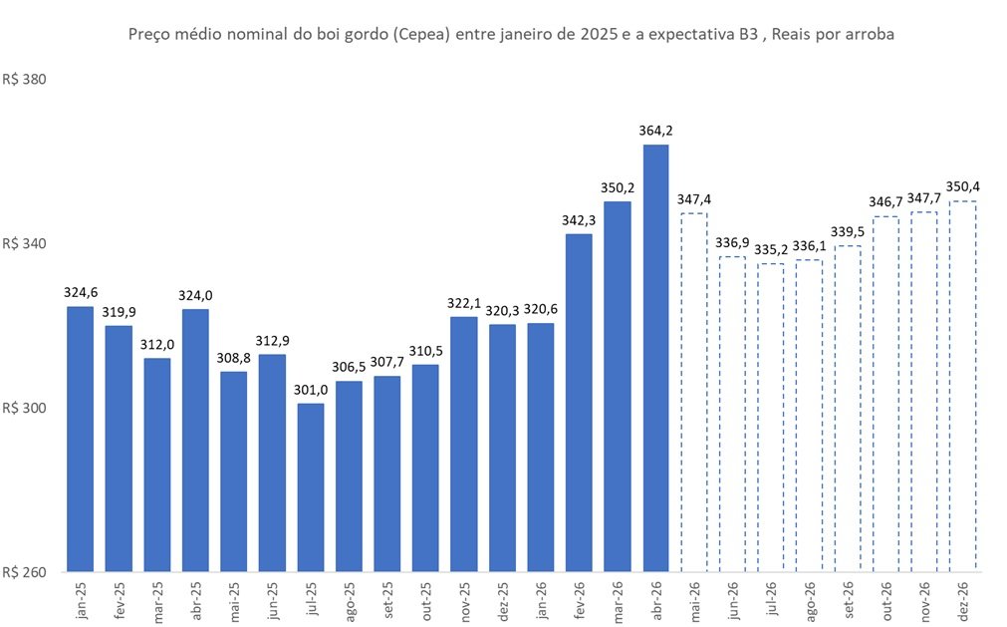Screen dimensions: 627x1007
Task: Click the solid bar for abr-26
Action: (x=655, y=359)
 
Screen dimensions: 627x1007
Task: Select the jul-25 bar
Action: (x=311, y=487)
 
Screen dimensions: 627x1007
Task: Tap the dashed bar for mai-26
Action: (x=693, y=393)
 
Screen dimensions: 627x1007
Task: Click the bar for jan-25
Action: (x=80, y=440)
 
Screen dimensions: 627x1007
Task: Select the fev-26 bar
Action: (x=579, y=404)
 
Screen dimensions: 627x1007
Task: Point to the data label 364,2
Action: (x=655, y=130)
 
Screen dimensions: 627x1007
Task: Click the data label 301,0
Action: (x=311, y=389)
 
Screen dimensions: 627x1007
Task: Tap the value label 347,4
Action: (x=693, y=198)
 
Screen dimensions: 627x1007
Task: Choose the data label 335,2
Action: (x=770, y=248)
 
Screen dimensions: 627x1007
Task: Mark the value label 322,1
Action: (x=464, y=302)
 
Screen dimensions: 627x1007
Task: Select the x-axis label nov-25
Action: (x=464, y=600)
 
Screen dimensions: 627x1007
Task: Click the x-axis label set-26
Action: (x=848, y=600)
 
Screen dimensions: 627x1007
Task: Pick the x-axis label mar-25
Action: (x=156, y=600)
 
